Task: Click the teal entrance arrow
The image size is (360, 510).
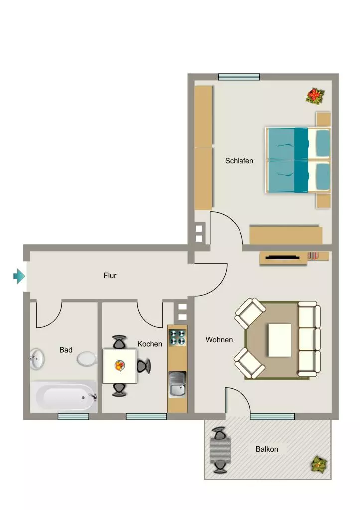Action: (x=19, y=276)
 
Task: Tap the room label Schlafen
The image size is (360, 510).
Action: (x=239, y=161)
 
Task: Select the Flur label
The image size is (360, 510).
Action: (x=110, y=276)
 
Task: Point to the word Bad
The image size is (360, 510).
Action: (x=66, y=350)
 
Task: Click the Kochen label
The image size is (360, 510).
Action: (x=149, y=344)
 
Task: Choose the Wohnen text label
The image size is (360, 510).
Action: (x=219, y=340)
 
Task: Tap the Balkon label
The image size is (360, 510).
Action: (x=267, y=449)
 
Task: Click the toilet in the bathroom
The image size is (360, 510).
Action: (x=87, y=359)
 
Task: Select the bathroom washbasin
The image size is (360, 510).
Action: (x=37, y=359)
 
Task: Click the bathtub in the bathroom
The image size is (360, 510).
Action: (x=64, y=397)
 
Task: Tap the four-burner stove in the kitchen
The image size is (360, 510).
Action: (x=178, y=337)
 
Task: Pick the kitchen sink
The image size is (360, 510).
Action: (x=178, y=384)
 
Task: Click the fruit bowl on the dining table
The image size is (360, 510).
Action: (x=120, y=366)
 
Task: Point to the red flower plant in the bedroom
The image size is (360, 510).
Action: (x=315, y=96)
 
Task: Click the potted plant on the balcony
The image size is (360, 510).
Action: (x=319, y=464)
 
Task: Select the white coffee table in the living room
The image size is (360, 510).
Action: (x=280, y=340)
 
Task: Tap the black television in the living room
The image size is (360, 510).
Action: (x=283, y=258)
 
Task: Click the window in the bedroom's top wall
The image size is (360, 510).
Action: (x=239, y=77)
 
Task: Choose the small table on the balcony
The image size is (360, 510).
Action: (x=220, y=450)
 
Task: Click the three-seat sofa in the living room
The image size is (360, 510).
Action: (x=309, y=339)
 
